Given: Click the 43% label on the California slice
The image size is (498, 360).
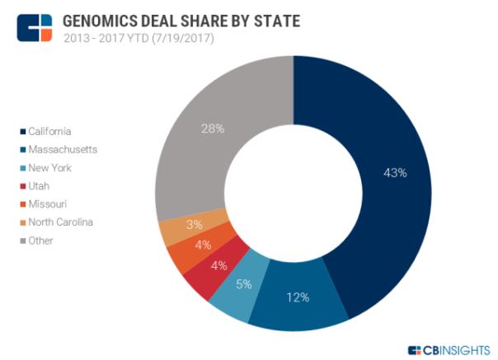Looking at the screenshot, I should coord(396,173).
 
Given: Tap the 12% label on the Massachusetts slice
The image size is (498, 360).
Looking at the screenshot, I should coord(298,297).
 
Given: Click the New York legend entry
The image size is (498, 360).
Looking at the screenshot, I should coord(50,167).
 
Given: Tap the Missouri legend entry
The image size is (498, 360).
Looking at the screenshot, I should coord(48,203).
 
